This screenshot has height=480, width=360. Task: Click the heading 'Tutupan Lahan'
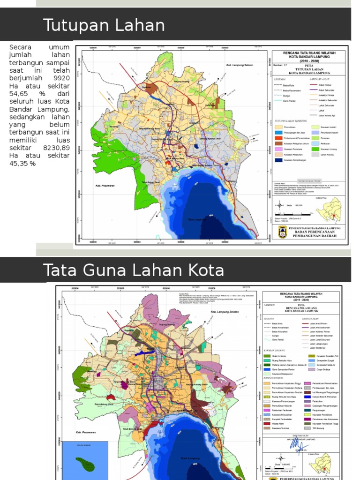(104, 25)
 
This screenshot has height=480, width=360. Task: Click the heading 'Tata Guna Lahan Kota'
(133, 270)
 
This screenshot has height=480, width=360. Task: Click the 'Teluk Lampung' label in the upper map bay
(196, 219)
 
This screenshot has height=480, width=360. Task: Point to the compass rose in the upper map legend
(279, 205)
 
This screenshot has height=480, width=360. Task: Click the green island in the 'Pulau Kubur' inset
(84, 464)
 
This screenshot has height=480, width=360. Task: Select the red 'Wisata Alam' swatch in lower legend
(266, 422)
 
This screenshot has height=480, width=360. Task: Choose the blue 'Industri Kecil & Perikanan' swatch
(307, 396)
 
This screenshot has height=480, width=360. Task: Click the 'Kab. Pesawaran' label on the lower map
(80, 432)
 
